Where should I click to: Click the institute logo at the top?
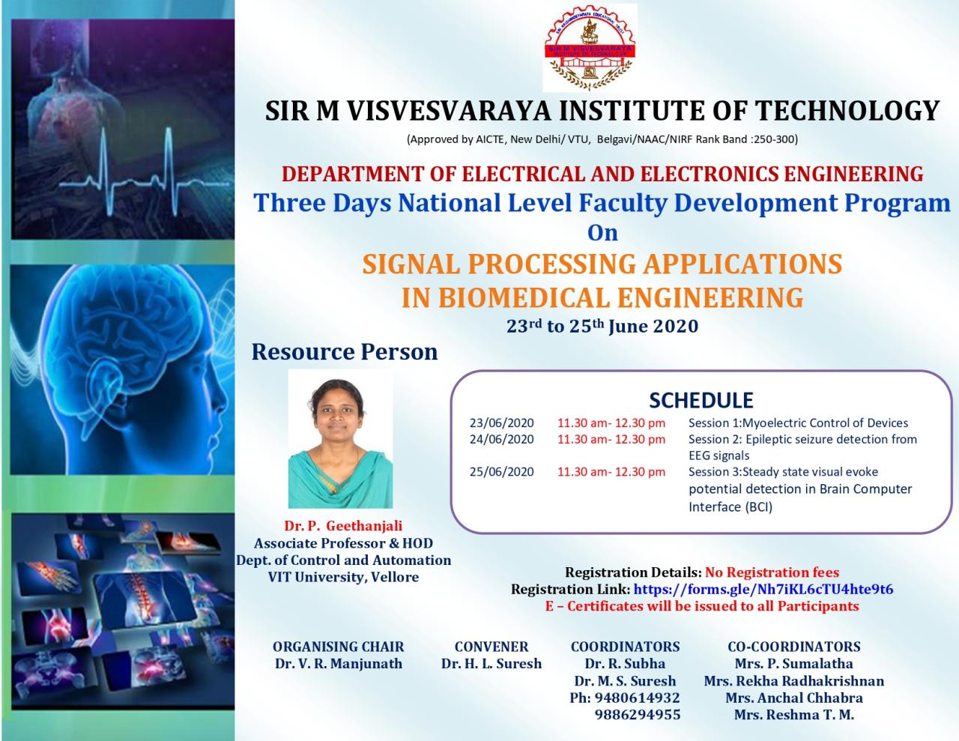click(x=590, y=47)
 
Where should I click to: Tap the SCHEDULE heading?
click(x=701, y=400)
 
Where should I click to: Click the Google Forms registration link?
click(x=763, y=590)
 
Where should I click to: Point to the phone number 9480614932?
click(x=637, y=698)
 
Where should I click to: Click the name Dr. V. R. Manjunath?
click(x=338, y=664)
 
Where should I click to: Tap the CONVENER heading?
click(x=491, y=647)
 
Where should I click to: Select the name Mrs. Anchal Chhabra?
click(x=793, y=698)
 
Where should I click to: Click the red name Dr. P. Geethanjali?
click(x=343, y=527)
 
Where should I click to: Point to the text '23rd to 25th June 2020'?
click(x=602, y=327)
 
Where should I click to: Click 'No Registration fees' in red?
click(x=772, y=572)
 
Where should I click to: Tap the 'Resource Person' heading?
click(x=345, y=351)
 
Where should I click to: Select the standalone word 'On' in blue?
click(x=602, y=233)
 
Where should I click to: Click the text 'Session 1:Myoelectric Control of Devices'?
click(x=798, y=423)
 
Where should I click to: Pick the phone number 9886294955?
click(x=637, y=715)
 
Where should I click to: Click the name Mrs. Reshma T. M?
click(x=793, y=715)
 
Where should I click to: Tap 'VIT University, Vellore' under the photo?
click(x=343, y=577)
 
